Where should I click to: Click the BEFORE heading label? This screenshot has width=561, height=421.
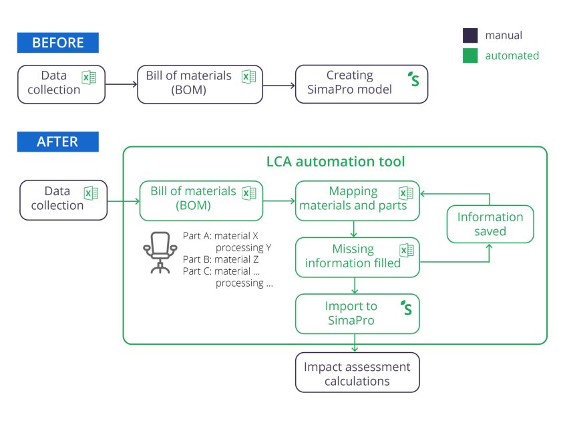pyautogui.click(x=57, y=43)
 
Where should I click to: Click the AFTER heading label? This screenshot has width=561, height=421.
pyautogui.click(x=57, y=142)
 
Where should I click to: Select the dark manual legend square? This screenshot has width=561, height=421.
pyautogui.click(x=470, y=35)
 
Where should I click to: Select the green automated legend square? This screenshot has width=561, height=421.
pyautogui.click(x=470, y=56)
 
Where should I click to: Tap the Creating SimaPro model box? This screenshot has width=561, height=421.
pyautogui.click(x=361, y=84)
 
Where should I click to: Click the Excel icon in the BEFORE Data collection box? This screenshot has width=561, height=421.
pyautogui.click(x=89, y=77)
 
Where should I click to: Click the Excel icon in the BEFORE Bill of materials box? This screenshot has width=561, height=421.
pyautogui.click(x=248, y=77)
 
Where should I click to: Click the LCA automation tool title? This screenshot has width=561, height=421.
pyautogui.click(x=335, y=162)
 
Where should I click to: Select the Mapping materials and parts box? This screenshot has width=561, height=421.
pyautogui.click(x=357, y=200)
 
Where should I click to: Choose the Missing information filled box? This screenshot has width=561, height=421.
pyautogui.click(x=357, y=257)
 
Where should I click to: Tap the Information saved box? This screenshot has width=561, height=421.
pyautogui.click(x=490, y=224)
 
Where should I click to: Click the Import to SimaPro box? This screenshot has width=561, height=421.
pyautogui.click(x=357, y=313)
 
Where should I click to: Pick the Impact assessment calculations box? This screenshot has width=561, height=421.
pyautogui.click(x=357, y=373)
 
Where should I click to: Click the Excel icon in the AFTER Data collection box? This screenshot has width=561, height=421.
pyautogui.click(x=91, y=193)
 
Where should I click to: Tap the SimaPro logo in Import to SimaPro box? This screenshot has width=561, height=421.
pyautogui.click(x=406, y=308)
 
